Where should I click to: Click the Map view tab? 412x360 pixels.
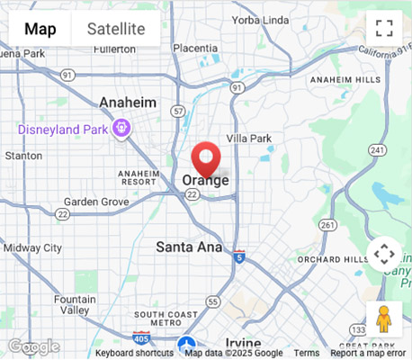[x=40, y=29]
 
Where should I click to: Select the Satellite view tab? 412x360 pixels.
[x=116, y=29]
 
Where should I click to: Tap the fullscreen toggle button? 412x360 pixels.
[x=384, y=28]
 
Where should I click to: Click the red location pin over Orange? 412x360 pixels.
[x=207, y=158]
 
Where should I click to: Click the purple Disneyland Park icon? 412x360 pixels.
[x=122, y=130]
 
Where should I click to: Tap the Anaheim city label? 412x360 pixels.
[x=128, y=103]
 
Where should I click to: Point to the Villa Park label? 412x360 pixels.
[x=248, y=138]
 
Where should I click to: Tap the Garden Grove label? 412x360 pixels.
[x=96, y=202]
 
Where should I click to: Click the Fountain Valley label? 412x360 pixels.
[x=75, y=304]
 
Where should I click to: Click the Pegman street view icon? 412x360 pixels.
[x=384, y=319]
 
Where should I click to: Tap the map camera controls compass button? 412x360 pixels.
[x=384, y=254]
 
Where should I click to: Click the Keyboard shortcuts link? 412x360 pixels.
[x=134, y=354]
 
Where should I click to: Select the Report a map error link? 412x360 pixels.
[x=368, y=354]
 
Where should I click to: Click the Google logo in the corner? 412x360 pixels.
[x=33, y=346]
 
